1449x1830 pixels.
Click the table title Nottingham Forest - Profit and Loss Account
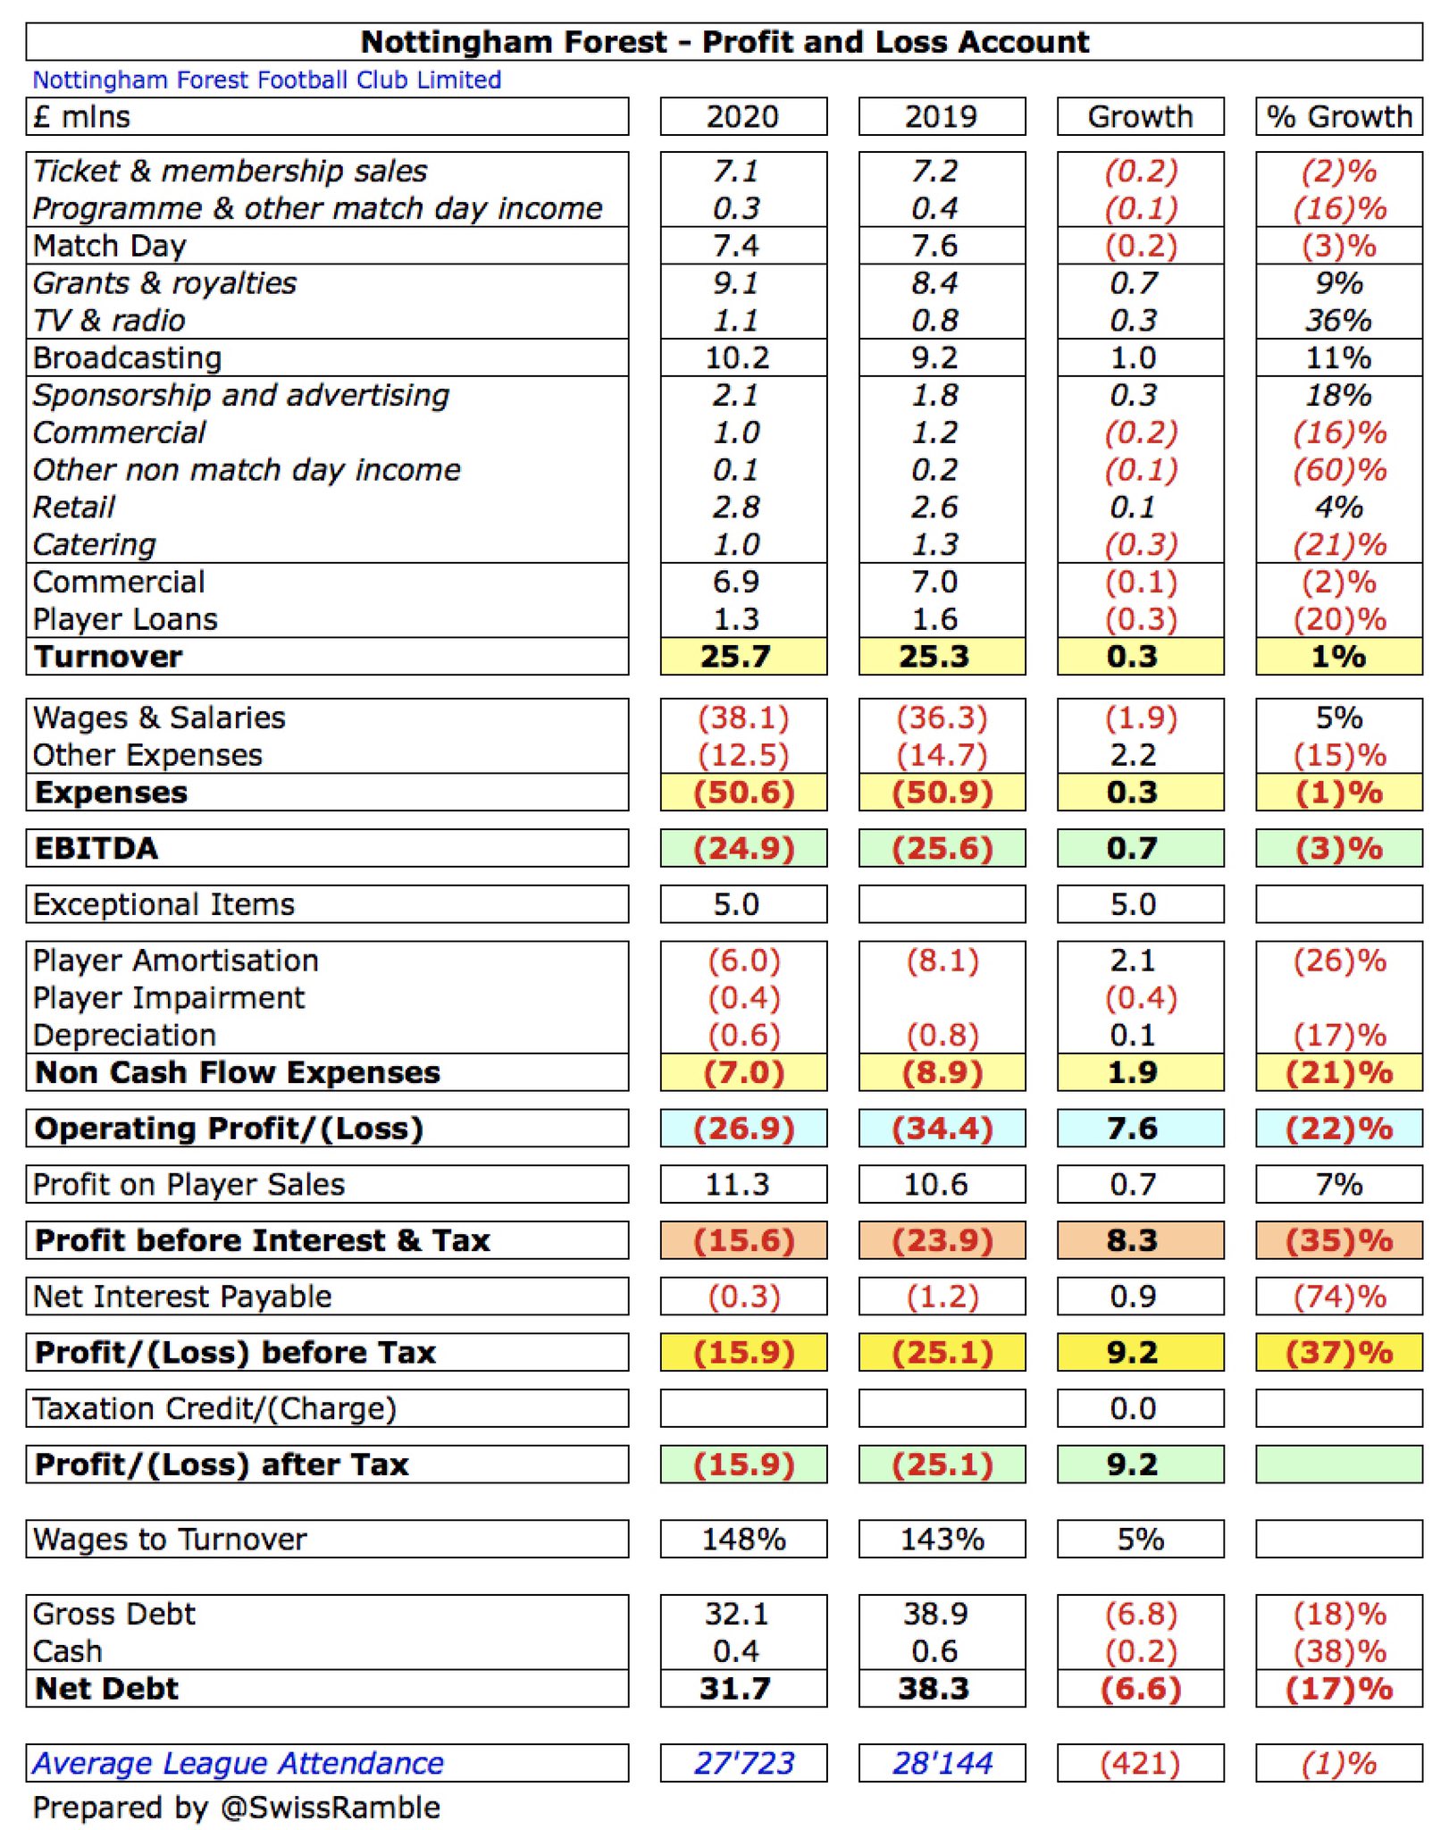pyautogui.click(x=724, y=42)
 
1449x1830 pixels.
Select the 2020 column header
pyautogui.click(x=742, y=116)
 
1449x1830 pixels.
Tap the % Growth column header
pyautogui.click(x=1338, y=116)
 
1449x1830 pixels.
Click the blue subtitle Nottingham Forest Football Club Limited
pyautogui.click(x=267, y=80)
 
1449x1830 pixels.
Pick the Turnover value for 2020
pyautogui.click(x=735, y=657)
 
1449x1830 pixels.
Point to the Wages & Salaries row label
pyautogui.click(x=159, y=718)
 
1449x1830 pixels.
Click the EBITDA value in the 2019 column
pyautogui.click(x=942, y=848)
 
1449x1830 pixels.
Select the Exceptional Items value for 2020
pyautogui.click(x=736, y=904)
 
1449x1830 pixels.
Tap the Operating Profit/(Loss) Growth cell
pyautogui.click(x=1132, y=1129)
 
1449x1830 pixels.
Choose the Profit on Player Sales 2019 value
pyautogui.click(x=935, y=1185)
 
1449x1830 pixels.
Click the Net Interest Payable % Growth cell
pyautogui.click(x=1339, y=1297)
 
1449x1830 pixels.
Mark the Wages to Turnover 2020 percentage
pyautogui.click(x=743, y=1539)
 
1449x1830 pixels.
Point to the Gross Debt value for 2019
pyautogui.click(x=935, y=1614)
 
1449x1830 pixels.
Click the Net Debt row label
pyautogui.click(x=106, y=1689)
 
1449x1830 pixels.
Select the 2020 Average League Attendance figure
pyautogui.click(x=743, y=1763)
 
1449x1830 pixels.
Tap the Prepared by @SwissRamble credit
pyautogui.click(x=237, y=1808)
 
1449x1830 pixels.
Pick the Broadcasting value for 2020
pyautogui.click(x=737, y=357)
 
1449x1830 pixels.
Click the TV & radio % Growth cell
pyautogui.click(x=1338, y=320)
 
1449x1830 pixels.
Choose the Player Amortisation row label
pyautogui.click(x=175, y=961)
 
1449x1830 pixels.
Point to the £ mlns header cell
pyautogui.click(x=82, y=116)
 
